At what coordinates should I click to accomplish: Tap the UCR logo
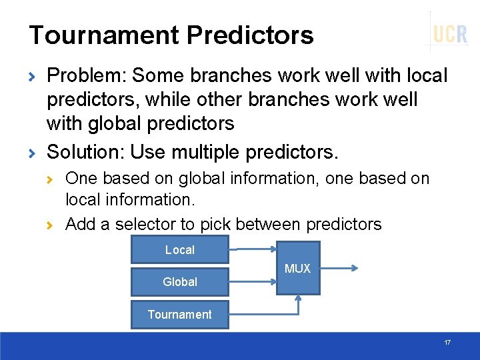450,33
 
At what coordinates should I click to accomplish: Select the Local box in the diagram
180,249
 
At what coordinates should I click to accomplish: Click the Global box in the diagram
180,281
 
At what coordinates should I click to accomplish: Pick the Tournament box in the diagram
180,314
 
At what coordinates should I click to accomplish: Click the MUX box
298,269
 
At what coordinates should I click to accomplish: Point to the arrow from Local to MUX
253,250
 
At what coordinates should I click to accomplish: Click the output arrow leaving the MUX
339,269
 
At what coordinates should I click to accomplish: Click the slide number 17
447,343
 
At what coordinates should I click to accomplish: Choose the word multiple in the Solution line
208,152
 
